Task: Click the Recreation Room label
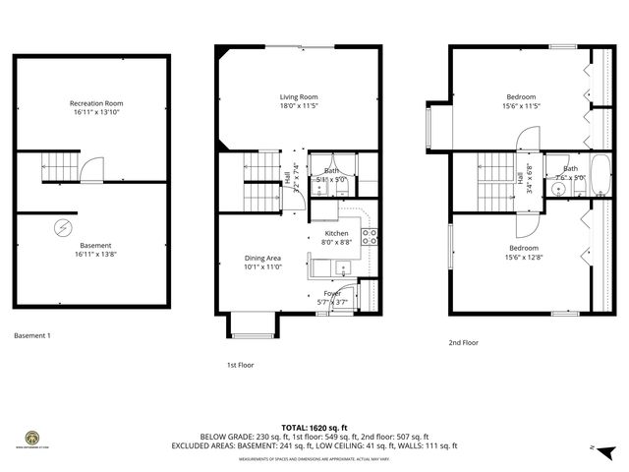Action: [x=96, y=103]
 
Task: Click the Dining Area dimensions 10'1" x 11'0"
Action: [x=263, y=266]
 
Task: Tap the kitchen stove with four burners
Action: [x=371, y=236]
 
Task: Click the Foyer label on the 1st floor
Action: [x=332, y=293]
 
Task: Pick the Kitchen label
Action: [x=336, y=233]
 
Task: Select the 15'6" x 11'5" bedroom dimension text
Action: [x=522, y=106]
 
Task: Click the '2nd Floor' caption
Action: [x=463, y=343]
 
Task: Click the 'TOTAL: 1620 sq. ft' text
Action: [x=314, y=427]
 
